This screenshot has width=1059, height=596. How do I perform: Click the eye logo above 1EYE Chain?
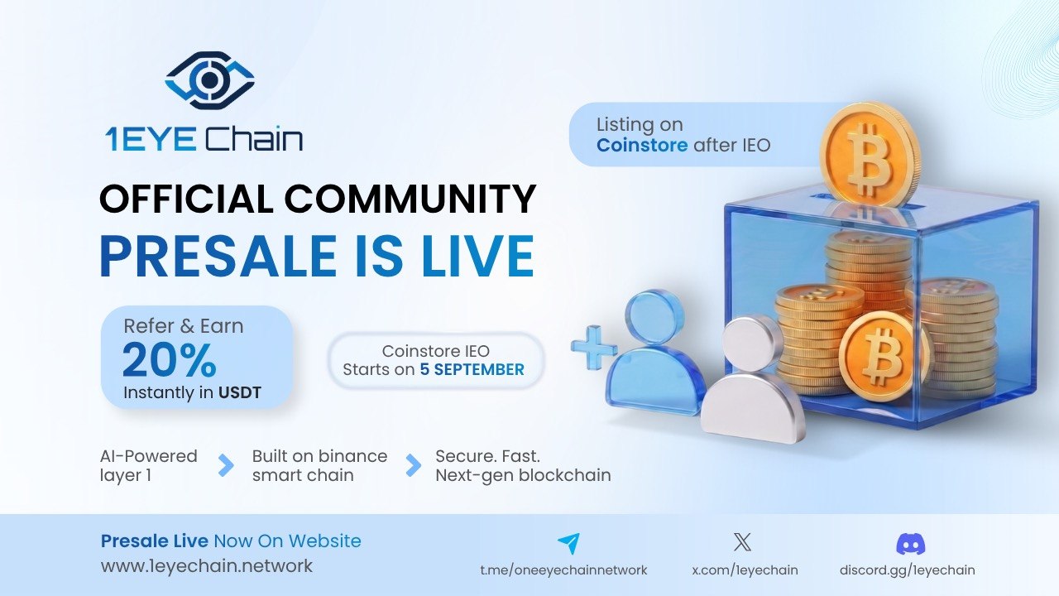(209, 80)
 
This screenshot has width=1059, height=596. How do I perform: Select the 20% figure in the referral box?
(170, 360)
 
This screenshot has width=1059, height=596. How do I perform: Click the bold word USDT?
(240, 392)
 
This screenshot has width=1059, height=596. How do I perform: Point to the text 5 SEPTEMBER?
(472, 369)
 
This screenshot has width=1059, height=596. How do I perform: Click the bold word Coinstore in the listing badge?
(641, 145)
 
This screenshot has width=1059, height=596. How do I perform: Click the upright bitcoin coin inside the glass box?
(883, 357)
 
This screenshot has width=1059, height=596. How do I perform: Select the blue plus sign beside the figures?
(594, 347)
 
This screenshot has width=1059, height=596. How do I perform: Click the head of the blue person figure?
(654, 317)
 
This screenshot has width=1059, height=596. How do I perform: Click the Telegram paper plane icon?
(569, 543)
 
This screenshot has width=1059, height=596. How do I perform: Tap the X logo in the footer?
(742, 542)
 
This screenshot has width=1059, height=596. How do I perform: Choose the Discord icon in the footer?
(911, 544)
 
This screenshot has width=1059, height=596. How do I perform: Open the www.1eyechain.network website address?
(207, 565)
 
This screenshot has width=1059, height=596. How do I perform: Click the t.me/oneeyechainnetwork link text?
(563, 570)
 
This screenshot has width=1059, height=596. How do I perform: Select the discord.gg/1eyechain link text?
(908, 570)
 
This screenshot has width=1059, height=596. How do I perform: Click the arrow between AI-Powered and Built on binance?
(226, 465)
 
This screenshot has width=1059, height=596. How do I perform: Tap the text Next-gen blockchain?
(523, 475)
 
